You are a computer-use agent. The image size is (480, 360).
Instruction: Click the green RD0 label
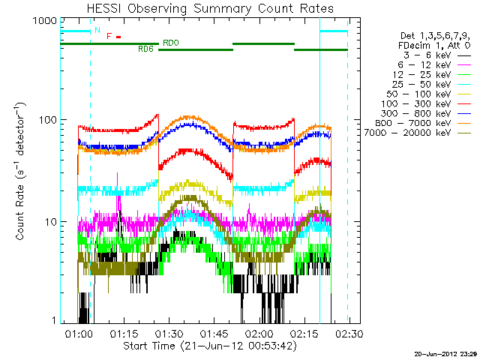point(171,43)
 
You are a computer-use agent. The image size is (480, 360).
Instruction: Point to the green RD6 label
point(146,49)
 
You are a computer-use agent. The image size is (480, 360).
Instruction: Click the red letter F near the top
point(109,36)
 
